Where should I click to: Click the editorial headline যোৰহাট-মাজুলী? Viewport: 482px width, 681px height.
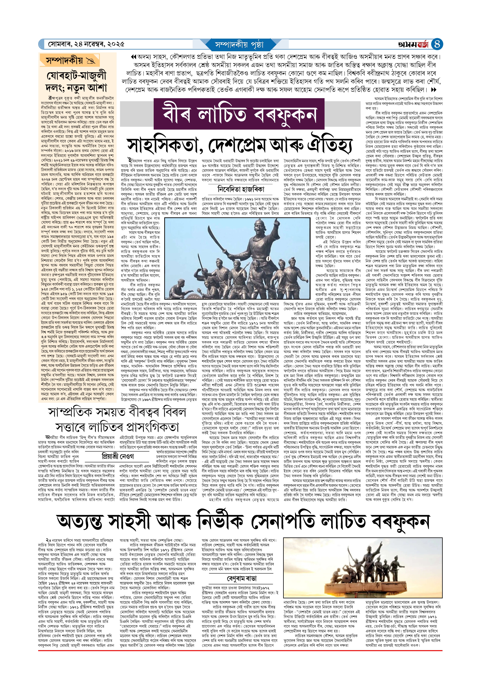[76, 75]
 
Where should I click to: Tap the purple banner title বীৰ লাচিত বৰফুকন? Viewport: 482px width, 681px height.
[239, 114]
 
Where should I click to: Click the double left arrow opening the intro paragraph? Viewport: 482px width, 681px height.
[134, 57]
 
